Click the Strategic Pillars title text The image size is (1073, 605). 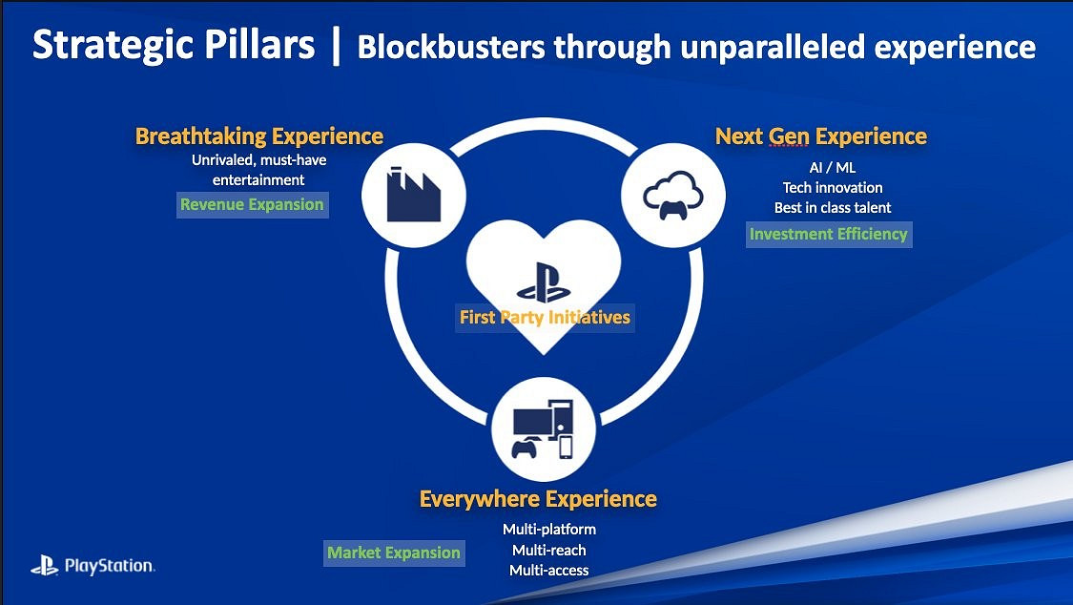(x=174, y=45)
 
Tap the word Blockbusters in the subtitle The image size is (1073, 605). (x=452, y=48)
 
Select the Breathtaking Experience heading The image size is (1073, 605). (x=259, y=136)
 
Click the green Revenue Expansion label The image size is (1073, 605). (x=252, y=204)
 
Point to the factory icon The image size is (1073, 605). (x=413, y=195)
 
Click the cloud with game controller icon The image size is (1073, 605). (x=672, y=195)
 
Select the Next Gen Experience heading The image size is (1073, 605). (x=821, y=136)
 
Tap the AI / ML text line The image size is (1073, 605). (x=832, y=168)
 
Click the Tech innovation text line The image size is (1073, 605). (x=833, y=188)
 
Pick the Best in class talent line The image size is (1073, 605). (x=833, y=207)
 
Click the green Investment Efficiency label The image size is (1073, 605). (x=829, y=234)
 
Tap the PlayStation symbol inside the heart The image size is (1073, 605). (x=544, y=282)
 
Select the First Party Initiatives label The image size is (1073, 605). (x=545, y=318)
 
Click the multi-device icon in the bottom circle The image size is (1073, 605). (x=543, y=429)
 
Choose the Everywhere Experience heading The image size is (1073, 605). (x=538, y=499)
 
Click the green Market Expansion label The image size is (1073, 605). (x=394, y=553)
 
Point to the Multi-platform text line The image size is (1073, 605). (x=549, y=530)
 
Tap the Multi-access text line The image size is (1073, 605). (x=549, y=570)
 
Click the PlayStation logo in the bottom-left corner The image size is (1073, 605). (x=93, y=565)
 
